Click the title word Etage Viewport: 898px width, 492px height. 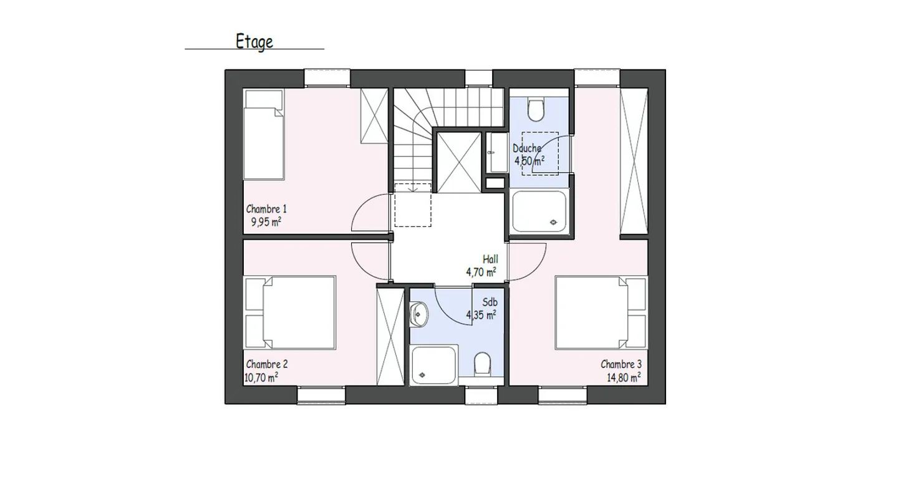tap(254, 42)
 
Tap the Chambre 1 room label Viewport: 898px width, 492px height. tap(266, 209)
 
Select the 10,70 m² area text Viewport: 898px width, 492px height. tap(261, 377)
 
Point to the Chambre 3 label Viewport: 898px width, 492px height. tap(621, 364)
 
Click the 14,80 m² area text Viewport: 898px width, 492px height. tap(624, 377)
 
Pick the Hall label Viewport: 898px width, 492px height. tap(490, 259)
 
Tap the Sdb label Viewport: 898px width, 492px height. tap(490, 302)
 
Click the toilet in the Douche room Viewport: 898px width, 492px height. tap(535, 110)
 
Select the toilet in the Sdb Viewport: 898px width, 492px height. tap(482, 364)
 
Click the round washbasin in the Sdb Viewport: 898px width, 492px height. tap(418, 314)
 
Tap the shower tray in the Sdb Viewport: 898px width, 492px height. tap(434, 365)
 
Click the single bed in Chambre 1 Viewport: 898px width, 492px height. tap(264, 135)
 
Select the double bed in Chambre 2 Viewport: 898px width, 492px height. tap(290, 312)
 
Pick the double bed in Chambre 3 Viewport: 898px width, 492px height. tap(601, 312)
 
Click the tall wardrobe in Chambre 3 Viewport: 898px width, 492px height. tap(634, 161)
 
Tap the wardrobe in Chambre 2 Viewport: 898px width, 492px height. tap(390, 337)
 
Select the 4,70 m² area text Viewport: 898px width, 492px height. tap(481, 273)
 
